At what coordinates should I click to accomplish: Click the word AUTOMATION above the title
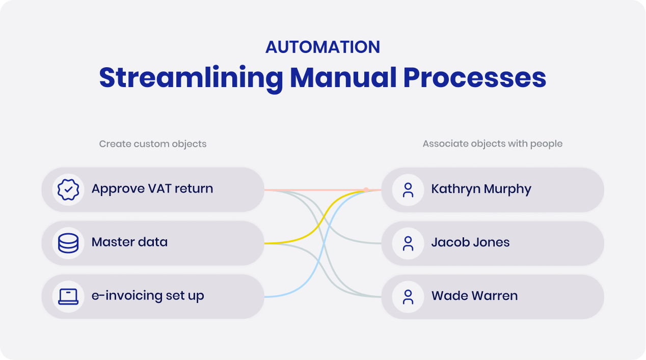322,47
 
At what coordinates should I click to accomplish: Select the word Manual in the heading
342,78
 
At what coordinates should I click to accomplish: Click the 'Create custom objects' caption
153,144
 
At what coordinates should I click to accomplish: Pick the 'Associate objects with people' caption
492,144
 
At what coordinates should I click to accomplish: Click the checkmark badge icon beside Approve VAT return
68,189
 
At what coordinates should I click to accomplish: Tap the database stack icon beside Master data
68,243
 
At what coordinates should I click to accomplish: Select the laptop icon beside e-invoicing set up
68,296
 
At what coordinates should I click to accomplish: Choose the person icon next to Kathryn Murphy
408,189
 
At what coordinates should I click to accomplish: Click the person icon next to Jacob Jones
408,243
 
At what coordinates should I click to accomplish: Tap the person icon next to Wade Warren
408,296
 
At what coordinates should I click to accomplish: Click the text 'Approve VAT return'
152,189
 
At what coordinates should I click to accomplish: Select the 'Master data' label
129,242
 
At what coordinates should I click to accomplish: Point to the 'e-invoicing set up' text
148,296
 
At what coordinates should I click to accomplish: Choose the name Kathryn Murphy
481,189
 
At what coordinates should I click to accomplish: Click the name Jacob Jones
470,242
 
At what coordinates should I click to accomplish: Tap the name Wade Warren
474,296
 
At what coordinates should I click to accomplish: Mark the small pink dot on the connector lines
366,190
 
